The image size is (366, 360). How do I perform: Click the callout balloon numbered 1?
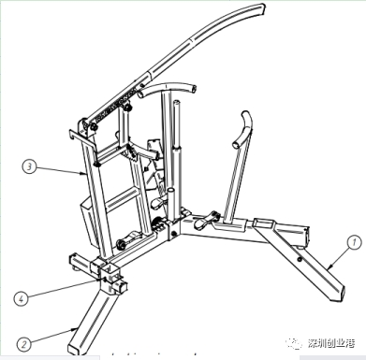point(354,241)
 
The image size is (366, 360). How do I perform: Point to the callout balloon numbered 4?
point(20,298)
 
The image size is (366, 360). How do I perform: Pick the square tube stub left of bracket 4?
point(75,262)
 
